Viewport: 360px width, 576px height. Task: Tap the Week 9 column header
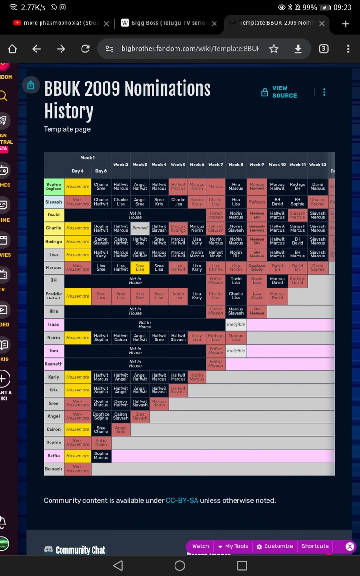257,165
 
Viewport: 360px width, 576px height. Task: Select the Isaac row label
53,324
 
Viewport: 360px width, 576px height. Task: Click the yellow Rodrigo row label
53,241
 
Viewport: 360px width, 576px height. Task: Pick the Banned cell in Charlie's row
140,228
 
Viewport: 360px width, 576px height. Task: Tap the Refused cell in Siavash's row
257,202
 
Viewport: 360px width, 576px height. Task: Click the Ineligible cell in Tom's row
236,351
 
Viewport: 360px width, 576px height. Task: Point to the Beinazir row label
53,469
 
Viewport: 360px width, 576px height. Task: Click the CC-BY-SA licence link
182,500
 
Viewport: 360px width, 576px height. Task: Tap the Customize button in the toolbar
275,546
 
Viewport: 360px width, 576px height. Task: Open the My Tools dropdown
233,546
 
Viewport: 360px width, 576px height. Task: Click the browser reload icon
85,49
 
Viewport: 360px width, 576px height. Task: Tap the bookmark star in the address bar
274,49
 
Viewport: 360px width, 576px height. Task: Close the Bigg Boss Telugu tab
214,23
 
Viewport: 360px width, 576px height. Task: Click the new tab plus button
346,23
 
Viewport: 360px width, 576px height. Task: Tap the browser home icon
12,49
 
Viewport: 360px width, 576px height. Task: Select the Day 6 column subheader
101,171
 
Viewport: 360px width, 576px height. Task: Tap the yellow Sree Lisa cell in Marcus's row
140,267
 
